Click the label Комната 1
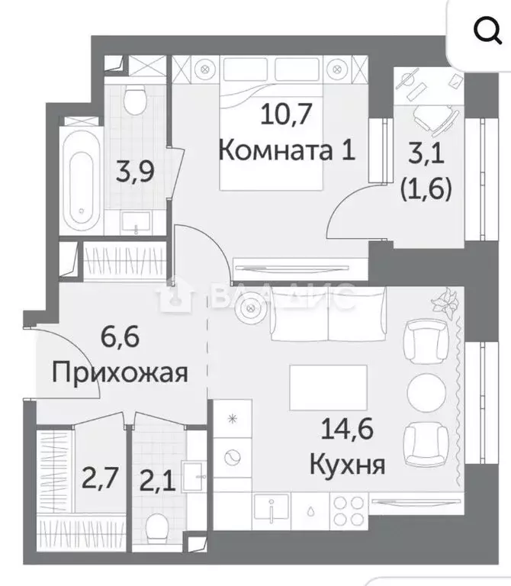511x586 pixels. point(287,150)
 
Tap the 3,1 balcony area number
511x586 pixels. point(427,159)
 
